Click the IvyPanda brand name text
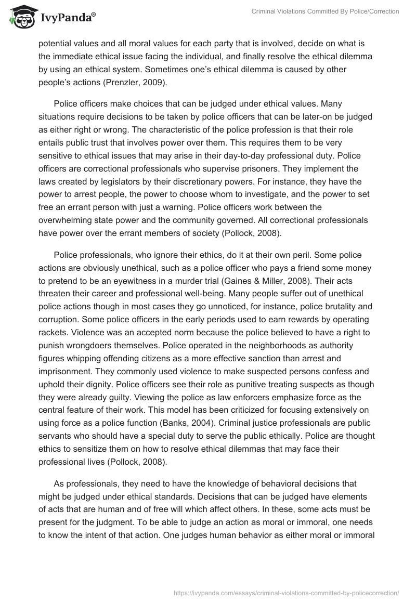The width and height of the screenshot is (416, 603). pos(67,18)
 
